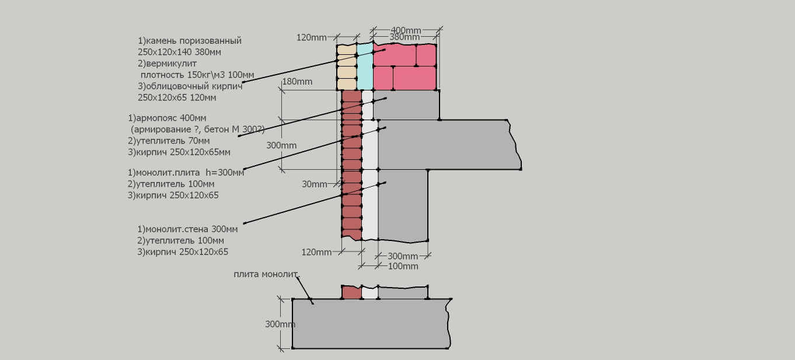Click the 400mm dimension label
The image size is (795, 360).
point(406,30)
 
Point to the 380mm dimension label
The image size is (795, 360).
point(405,37)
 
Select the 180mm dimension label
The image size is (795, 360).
point(298,82)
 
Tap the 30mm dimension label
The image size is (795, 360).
point(315,184)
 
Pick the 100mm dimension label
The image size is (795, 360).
point(403,267)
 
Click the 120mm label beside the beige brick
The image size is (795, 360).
point(311,37)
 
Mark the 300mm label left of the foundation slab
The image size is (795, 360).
point(280,324)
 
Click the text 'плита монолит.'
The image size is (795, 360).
point(267,274)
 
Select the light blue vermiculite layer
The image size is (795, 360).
point(365,67)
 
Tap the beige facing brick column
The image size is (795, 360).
point(347,67)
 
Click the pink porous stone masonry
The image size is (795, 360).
point(405,67)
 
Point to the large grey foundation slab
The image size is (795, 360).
point(371,323)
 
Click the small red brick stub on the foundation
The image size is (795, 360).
point(351,292)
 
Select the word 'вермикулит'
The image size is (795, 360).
point(172,64)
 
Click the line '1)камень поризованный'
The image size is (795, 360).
point(190,41)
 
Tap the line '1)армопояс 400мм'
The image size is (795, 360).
point(167,118)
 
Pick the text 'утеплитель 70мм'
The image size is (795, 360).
point(173,141)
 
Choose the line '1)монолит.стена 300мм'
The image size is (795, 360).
point(187,229)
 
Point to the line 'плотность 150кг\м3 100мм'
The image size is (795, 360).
point(197,75)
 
